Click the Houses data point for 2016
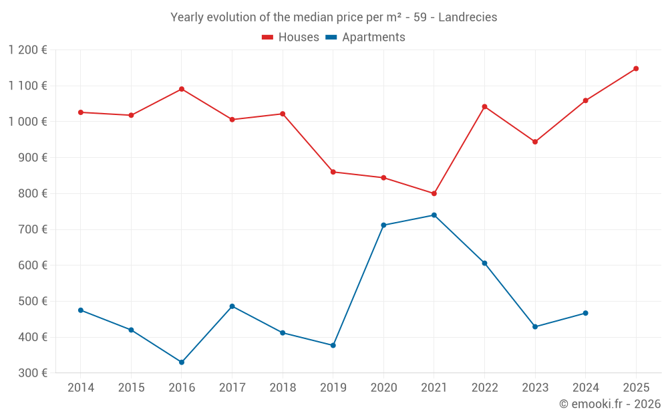182,89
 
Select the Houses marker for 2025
636,68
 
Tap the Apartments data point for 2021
434,215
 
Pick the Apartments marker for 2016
182,362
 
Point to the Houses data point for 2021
434,193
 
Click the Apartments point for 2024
586,313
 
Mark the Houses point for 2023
535,142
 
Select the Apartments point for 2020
383,225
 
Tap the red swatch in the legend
268,37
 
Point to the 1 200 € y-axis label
28,50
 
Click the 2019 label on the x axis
333,388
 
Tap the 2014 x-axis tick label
81,388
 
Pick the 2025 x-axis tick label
636,388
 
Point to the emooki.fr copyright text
610,404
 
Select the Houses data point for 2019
333,172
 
